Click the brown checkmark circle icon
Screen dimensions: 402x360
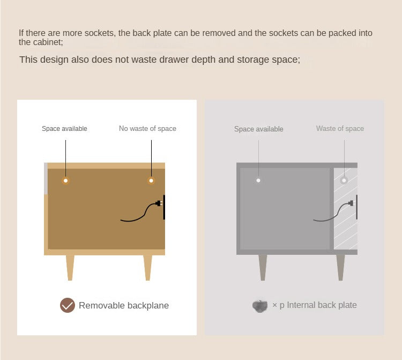(68, 305)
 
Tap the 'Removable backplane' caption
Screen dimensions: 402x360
(124, 305)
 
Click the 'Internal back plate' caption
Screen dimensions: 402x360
(322, 305)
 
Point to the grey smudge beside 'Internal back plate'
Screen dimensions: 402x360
(260, 306)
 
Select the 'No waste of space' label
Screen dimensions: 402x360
(147, 128)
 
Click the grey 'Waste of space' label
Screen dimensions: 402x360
(340, 128)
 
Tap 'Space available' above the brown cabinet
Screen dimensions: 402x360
(64, 129)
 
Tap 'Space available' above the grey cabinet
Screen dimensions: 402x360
(258, 129)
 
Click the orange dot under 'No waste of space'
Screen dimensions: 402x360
(151, 181)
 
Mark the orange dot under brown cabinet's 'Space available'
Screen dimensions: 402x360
(65, 181)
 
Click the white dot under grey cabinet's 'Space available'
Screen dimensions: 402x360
(258, 180)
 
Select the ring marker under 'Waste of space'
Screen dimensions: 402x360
(344, 180)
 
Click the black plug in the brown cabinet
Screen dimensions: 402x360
(159, 203)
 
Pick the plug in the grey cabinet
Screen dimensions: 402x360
(350, 203)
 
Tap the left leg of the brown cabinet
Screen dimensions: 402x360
(70, 268)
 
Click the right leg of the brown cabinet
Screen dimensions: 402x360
(148, 268)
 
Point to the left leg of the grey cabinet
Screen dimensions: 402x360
(263, 267)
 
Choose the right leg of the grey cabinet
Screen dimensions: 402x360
(340, 267)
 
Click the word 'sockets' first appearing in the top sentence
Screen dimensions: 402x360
(99, 33)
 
